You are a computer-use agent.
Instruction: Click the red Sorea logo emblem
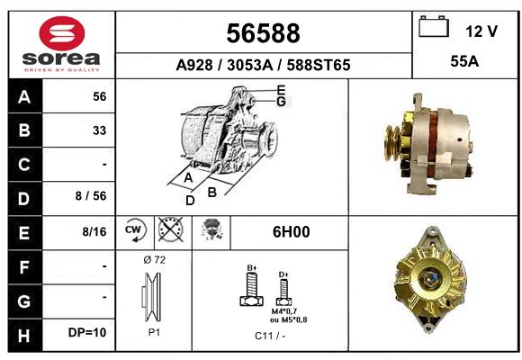[x=62, y=33]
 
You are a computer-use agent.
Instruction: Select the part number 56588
[x=263, y=33]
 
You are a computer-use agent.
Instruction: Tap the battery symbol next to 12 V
[x=434, y=27]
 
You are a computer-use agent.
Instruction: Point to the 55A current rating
[x=464, y=61]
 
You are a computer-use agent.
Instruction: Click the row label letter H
[x=24, y=336]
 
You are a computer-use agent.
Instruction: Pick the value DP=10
[x=87, y=332]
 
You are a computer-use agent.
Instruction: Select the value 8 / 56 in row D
[x=91, y=196]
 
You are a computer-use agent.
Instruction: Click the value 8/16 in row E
[x=94, y=231]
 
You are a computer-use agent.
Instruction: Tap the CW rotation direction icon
[x=135, y=229]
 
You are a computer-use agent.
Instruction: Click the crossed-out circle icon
[x=171, y=229]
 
